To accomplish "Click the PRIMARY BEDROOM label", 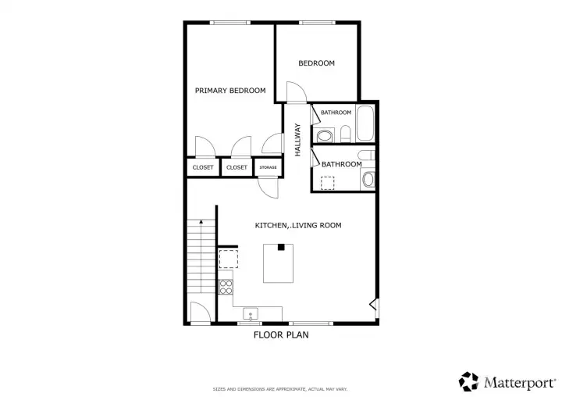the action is coord(230,91).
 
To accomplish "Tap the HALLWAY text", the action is coord(297,140).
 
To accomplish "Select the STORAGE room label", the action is coord(268,167).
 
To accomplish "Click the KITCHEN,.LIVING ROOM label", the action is coord(298,225).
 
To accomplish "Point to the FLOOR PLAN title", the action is coord(281,335).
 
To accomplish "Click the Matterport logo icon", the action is coord(468,381).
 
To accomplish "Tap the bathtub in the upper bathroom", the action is coord(365,123).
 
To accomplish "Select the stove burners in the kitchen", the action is coord(226,287).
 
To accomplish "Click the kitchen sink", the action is coord(251,314).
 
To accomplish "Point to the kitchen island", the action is coord(278,263).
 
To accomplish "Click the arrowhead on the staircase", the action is coord(201,222).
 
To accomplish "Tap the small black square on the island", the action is coord(281,247).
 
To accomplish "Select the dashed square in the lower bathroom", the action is coord(327,183).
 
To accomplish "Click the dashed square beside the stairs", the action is coord(228,259).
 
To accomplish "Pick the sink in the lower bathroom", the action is coord(368,179).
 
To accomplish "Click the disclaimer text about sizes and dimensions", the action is coord(280,389).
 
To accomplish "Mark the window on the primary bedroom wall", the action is coord(229,23).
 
